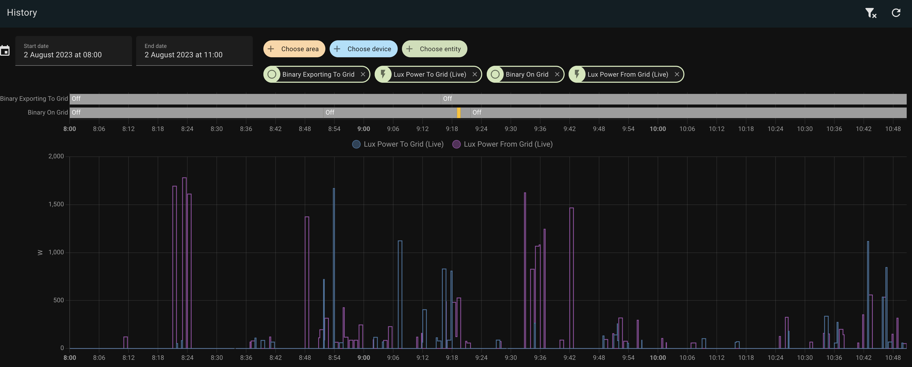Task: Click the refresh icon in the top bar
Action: (x=896, y=13)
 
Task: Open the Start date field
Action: (x=73, y=51)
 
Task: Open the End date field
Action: (x=194, y=51)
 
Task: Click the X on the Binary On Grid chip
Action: (x=557, y=75)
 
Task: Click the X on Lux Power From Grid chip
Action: (x=676, y=75)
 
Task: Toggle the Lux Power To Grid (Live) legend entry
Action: (x=398, y=144)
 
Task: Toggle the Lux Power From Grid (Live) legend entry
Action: (x=502, y=144)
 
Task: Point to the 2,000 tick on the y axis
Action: (x=56, y=156)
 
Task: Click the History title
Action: (x=22, y=13)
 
